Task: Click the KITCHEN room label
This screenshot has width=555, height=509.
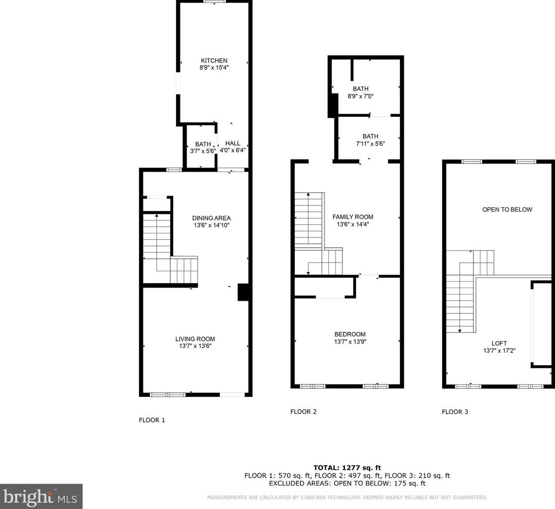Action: [x=214, y=60]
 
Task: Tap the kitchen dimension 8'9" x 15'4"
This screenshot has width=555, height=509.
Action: [x=214, y=68]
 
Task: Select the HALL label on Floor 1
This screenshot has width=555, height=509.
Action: [x=233, y=143]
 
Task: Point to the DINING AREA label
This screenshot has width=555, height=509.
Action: [x=211, y=218]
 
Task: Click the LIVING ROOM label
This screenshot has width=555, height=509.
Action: [x=195, y=339]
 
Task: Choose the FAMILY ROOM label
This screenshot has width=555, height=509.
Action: [x=353, y=217]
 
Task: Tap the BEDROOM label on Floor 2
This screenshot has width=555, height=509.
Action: [x=350, y=334]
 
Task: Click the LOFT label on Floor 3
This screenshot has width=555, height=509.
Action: [x=499, y=343]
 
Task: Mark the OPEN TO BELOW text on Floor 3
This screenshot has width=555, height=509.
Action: [x=507, y=210]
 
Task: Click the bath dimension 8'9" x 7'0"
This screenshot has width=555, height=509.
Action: [x=360, y=96]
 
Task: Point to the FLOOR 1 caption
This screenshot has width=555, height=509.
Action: [x=152, y=420]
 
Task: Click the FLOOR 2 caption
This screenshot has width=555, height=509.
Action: [x=304, y=412]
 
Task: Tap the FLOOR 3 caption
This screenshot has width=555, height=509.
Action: [x=455, y=412]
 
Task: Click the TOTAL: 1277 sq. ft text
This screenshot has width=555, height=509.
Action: [x=347, y=468]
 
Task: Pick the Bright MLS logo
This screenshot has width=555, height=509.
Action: [x=41, y=496]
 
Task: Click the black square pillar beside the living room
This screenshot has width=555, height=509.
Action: [x=243, y=292]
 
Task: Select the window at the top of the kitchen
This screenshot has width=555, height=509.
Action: [x=214, y=2]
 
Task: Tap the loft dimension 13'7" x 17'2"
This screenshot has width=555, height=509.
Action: [x=499, y=350]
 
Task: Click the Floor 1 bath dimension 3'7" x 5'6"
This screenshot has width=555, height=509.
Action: [x=203, y=151]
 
